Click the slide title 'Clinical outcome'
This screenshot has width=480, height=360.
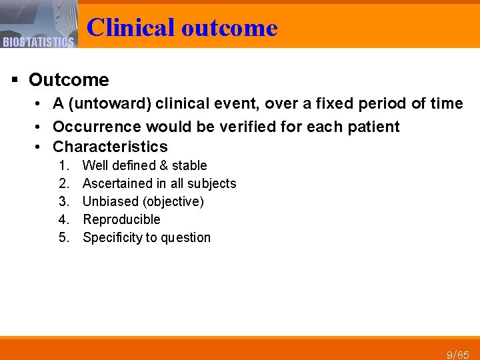point(181,27)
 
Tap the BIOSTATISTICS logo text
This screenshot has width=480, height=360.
point(38,43)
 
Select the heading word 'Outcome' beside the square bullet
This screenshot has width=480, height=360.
point(69,80)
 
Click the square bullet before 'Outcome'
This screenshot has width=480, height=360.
point(15,80)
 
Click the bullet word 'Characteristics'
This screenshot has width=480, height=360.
point(110,147)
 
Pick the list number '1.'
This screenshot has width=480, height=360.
point(64,165)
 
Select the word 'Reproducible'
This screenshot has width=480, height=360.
point(121,219)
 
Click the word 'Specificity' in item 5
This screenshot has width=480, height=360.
point(113,237)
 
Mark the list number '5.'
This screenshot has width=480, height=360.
point(64,237)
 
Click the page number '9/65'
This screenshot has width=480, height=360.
point(458,354)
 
